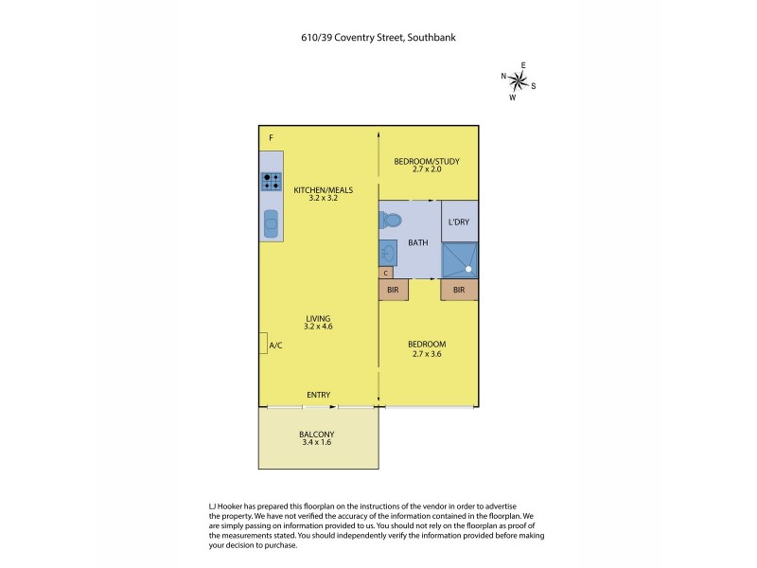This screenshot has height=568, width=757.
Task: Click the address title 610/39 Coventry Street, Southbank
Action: pos(378,38)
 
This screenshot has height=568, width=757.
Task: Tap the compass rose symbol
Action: pos(519,80)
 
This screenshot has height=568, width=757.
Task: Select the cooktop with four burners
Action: pos(272,181)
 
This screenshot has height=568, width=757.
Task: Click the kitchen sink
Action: pos(272,224)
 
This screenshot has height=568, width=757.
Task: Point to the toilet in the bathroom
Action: pos(389,221)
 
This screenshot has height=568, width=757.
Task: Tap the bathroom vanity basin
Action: pos(388,253)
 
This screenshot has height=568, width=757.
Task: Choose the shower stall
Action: pos(459,260)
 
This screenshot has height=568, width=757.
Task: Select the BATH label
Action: pos(417,242)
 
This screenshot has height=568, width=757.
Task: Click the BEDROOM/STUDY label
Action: pos(428,162)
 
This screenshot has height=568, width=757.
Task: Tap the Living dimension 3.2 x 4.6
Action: pos(319,327)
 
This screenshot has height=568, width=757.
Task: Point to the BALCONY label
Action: pos(318,435)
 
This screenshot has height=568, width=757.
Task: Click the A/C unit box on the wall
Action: pos(263,345)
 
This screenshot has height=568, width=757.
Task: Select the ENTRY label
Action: pos(318,395)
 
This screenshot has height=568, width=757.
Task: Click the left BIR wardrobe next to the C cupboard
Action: pos(393,290)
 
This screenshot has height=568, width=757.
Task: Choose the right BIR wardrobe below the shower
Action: pos(459,290)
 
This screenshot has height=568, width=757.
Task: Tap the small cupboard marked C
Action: pos(385,273)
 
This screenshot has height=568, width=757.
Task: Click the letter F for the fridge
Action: pos(271,139)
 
